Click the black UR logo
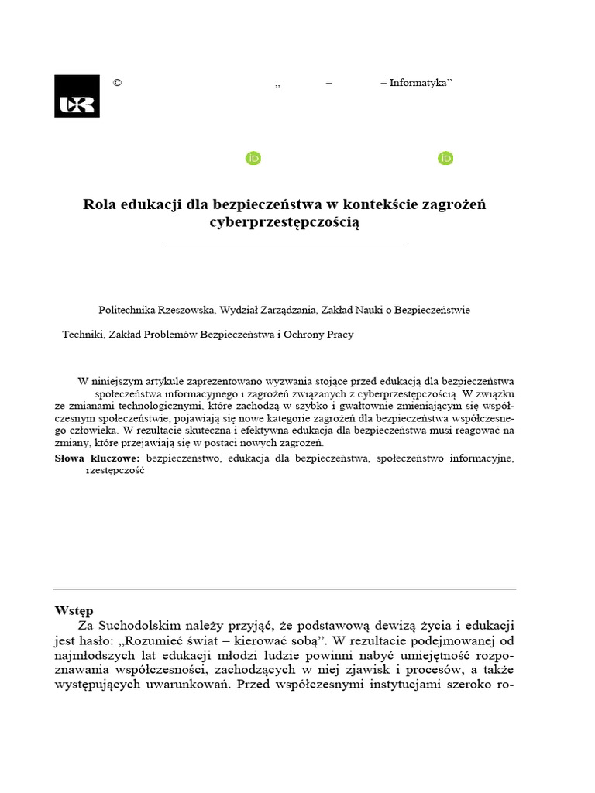[x=77, y=96]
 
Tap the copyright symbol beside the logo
[x=117, y=84]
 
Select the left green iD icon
[x=253, y=159]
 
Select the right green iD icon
[x=445, y=159]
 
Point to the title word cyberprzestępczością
[x=284, y=223]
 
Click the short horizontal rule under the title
[x=284, y=245]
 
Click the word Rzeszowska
[x=186, y=310]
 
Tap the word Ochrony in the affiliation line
[x=306, y=335]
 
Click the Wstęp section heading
[x=74, y=609]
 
